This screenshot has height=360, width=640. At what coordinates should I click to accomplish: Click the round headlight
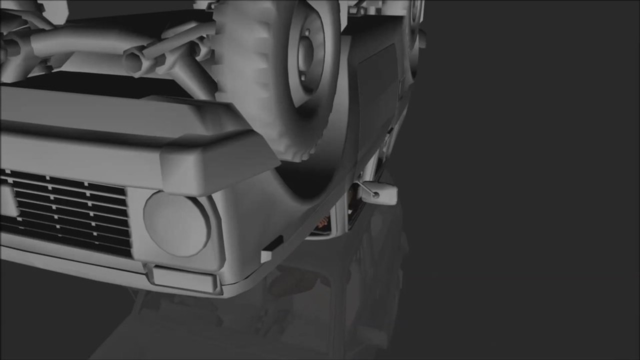(177, 223)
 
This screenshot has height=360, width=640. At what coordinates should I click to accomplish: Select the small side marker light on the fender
(272, 249)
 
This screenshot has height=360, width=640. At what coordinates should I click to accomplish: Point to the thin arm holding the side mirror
(367, 189)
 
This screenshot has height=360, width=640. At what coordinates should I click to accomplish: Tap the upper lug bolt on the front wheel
(307, 32)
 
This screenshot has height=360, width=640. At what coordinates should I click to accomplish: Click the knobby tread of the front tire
(250, 75)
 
